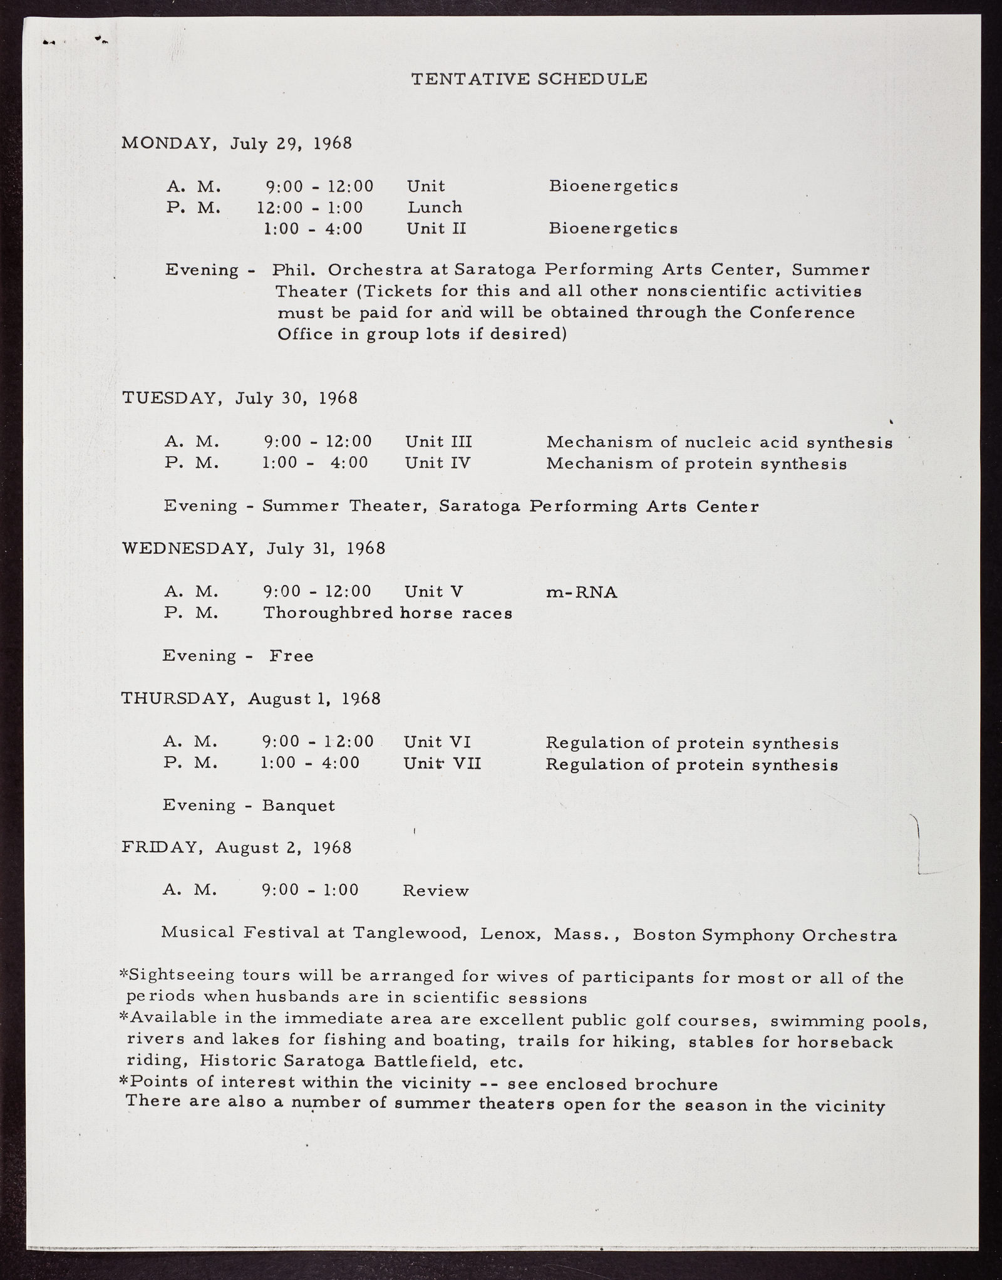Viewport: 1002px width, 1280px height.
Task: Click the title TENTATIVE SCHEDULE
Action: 529,79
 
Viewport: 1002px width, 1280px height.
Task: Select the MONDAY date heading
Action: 237,143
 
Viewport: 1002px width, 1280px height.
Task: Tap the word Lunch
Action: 435,207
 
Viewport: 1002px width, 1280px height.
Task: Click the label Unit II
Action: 436,229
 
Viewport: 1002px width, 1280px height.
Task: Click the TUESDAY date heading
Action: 239,398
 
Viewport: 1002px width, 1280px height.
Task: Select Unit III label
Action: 438,442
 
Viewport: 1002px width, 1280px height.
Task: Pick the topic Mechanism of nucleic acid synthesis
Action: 719,443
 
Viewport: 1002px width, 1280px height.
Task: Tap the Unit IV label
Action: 437,464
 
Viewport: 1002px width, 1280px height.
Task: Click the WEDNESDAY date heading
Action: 253,549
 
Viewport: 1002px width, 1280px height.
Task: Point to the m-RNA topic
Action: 581,593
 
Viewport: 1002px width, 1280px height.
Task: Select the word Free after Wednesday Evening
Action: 291,656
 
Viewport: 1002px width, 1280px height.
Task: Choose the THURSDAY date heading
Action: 250,699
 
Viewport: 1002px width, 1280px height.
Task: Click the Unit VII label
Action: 442,764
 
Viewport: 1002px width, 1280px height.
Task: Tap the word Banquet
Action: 299,806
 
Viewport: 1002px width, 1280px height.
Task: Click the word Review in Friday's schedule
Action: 435,891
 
